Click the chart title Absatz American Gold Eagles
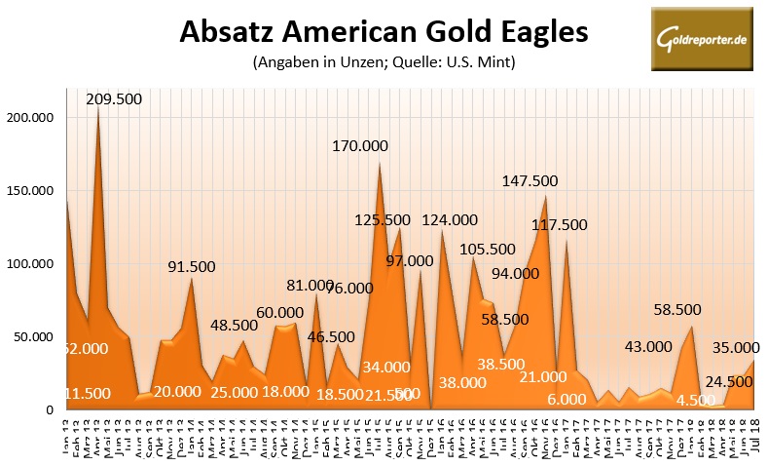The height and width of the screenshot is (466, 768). pyautogui.click(x=384, y=32)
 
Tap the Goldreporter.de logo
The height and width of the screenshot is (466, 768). pyautogui.click(x=701, y=39)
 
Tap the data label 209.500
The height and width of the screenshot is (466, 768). pyautogui.click(x=113, y=98)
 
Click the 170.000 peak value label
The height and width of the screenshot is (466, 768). pyautogui.click(x=360, y=146)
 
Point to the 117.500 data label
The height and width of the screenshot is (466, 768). pyautogui.click(x=559, y=224)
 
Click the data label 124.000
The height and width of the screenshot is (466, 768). pyautogui.click(x=450, y=220)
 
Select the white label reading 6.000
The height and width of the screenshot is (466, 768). pyautogui.click(x=565, y=400)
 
